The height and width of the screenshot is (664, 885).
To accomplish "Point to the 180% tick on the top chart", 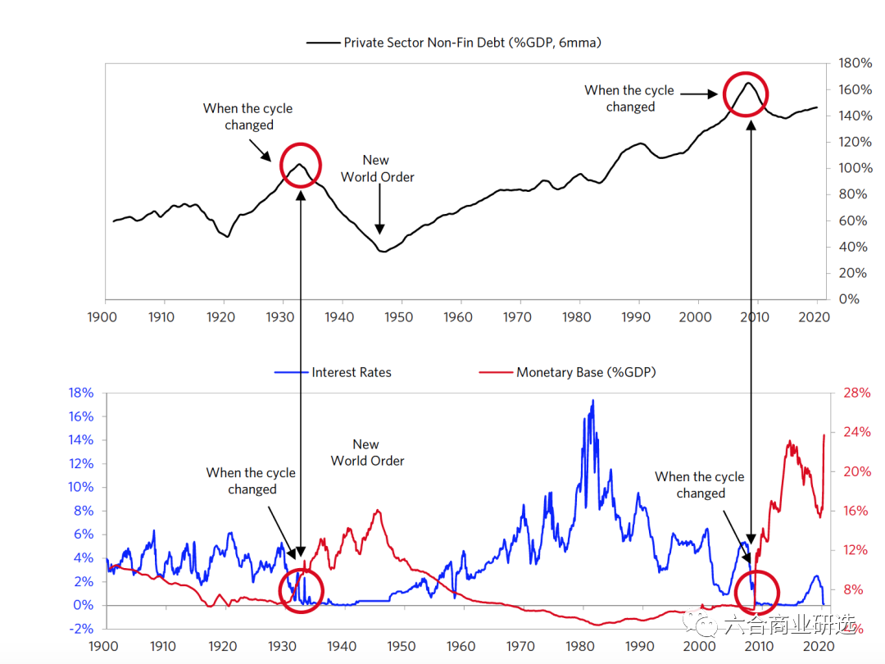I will pos(853,63).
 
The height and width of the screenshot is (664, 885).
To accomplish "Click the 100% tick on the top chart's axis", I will pos(853,168).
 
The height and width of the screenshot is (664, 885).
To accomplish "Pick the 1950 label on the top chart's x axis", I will pos(400,316).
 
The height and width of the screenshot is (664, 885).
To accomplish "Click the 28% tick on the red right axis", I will pos(856,393).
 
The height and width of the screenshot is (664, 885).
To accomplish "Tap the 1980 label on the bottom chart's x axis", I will pos(579,646).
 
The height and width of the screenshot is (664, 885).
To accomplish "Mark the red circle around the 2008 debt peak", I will pos(746,94).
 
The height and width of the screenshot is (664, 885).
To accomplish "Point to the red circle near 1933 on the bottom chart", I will pos(302,589).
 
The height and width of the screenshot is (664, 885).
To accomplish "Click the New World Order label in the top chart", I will pos(377,169).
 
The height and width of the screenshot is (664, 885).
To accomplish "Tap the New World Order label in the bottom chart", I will pos(366,453).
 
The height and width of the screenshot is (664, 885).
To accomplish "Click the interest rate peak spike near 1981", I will pos(592,401).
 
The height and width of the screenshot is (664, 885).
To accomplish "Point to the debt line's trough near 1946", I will pos(382,251).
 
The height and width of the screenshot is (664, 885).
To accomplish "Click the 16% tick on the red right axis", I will pos(856,511).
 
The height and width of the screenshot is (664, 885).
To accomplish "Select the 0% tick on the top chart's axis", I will pos(848,299).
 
